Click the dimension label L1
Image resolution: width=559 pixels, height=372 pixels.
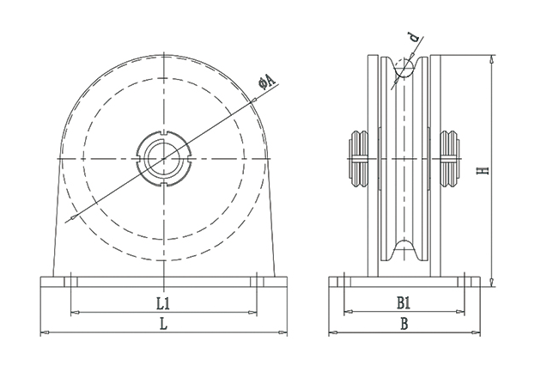(x=163, y=303)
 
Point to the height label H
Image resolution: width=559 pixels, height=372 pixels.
(x=484, y=171)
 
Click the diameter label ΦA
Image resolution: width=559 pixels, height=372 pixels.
(x=267, y=82)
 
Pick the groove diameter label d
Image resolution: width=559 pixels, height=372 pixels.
(x=414, y=39)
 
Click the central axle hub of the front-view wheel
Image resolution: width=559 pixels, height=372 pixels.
(x=164, y=158)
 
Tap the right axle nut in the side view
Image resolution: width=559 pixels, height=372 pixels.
(x=449, y=160)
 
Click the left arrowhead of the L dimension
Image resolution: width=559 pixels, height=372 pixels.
(x=44, y=332)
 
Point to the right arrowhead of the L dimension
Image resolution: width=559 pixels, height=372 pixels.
(x=285, y=332)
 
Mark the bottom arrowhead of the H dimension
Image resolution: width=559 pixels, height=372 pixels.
(x=491, y=284)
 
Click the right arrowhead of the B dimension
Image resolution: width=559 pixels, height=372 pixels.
(x=477, y=332)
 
